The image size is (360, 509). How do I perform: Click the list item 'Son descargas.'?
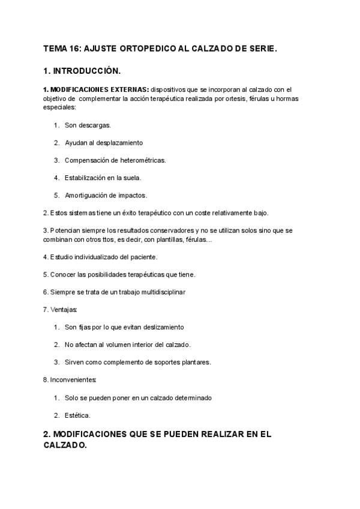click(88, 125)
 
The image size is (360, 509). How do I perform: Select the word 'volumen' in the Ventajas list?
click(121, 345)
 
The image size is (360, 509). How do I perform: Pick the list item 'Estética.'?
click(77, 415)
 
